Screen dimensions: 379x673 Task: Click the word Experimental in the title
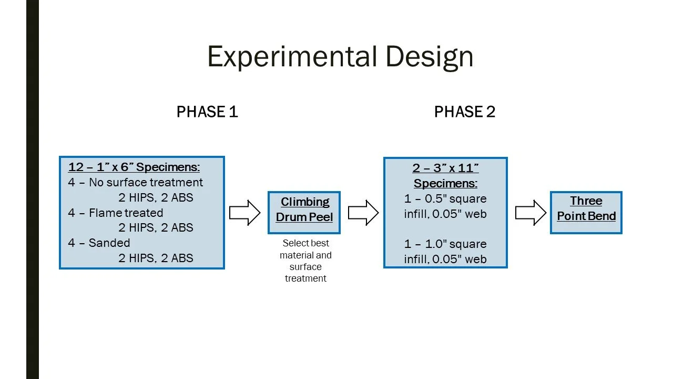292,57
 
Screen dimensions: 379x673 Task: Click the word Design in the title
430,57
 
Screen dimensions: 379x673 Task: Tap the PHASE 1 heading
207,112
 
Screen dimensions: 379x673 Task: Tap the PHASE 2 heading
465,112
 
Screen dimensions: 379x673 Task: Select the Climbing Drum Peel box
304,213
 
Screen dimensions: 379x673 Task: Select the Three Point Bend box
586,212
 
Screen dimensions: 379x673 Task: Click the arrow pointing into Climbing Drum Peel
245,213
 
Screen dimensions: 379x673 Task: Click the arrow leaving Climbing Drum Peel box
363,213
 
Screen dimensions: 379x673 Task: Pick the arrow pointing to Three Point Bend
531,213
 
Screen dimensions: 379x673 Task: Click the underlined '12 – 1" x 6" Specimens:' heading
134,167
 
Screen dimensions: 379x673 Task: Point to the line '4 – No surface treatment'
135,183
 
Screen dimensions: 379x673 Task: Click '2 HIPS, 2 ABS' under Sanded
156,258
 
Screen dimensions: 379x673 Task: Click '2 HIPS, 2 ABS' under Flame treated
156,228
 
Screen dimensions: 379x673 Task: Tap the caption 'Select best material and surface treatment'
305,261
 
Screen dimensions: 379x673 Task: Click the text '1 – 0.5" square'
445,199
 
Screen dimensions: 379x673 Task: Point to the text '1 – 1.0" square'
445,244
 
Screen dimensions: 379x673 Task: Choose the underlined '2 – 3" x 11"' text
445,168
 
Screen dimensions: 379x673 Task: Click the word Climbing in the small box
305,202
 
